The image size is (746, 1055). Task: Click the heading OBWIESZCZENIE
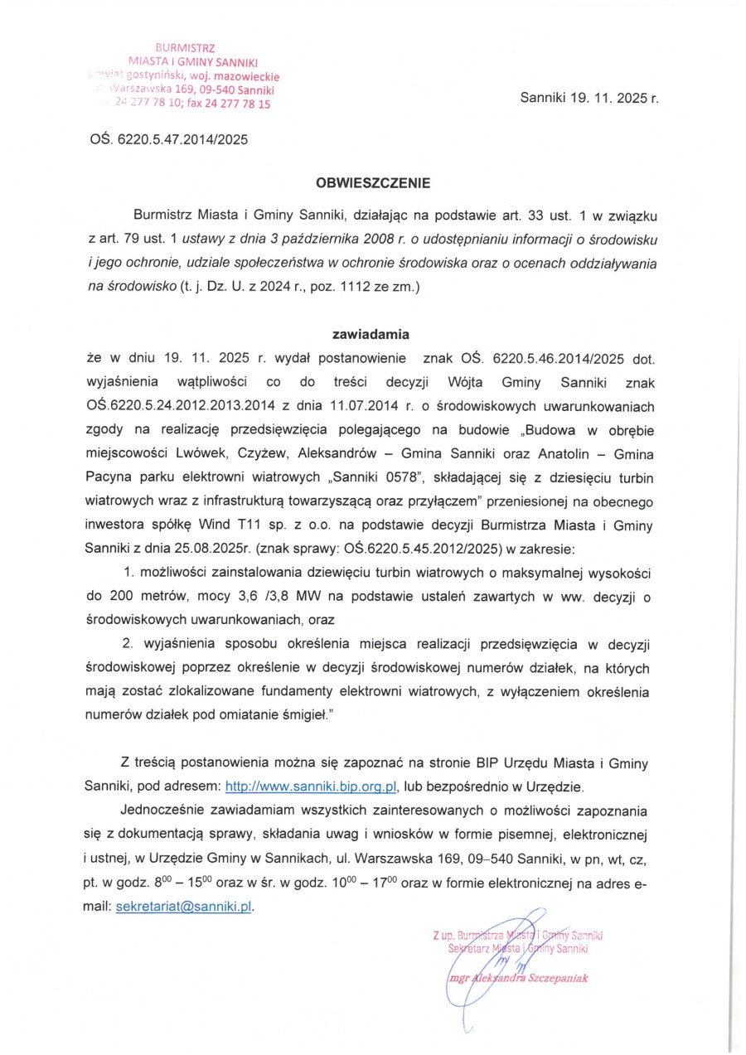point(372,180)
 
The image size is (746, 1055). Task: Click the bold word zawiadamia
point(371,335)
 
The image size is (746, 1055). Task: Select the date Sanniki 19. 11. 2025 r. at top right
point(589,97)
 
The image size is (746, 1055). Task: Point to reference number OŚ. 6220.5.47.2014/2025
point(168,139)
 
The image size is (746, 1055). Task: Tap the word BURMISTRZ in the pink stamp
point(192,48)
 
